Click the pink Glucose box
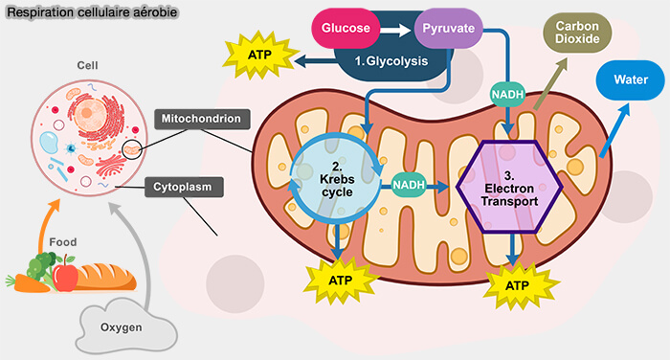coord(345,29)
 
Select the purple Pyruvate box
coord(448,29)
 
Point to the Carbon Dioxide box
coord(578,33)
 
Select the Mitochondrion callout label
coord(203,120)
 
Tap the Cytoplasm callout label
coord(184,186)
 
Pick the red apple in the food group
coord(65,277)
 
